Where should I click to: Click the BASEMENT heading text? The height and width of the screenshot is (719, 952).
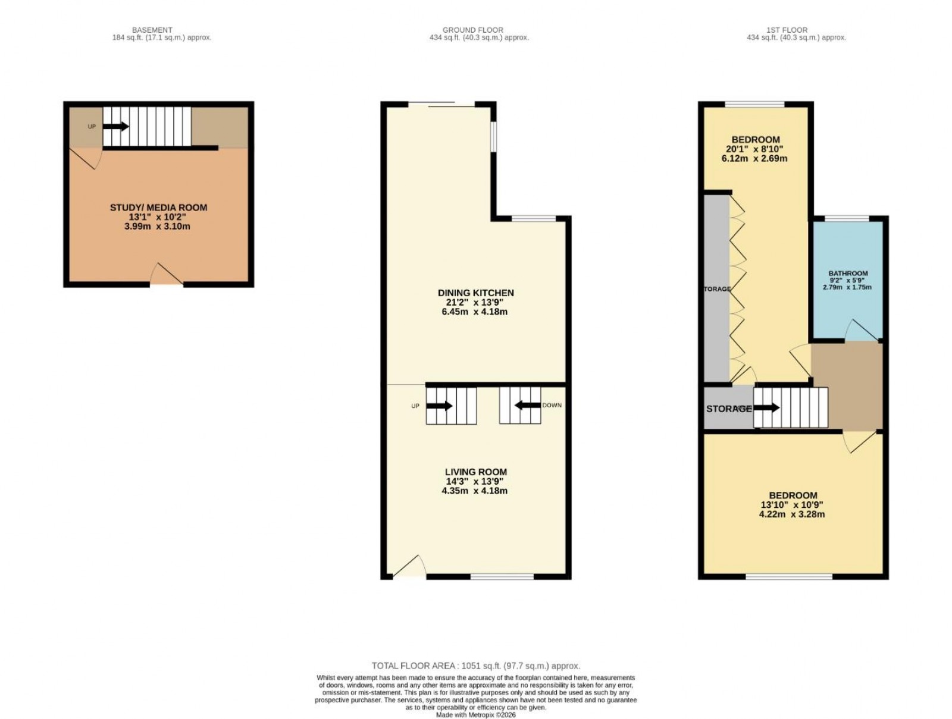[x=152, y=30]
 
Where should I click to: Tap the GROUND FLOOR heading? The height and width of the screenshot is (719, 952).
[x=472, y=30]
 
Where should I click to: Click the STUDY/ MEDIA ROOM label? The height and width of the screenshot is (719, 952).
[x=158, y=208]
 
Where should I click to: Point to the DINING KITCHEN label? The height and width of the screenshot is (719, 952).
[x=475, y=293]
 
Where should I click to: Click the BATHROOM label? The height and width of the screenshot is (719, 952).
[x=848, y=274]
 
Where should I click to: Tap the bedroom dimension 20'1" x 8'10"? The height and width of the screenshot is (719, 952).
[x=756, y=149]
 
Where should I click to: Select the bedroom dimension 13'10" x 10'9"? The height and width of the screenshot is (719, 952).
[x=793, y=505]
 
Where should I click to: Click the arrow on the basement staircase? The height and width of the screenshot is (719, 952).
[x=116, y=126]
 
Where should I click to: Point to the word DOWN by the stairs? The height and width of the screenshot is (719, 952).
[x=552, y=406]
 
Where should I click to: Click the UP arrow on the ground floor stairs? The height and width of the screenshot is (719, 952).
[x=440, y=406]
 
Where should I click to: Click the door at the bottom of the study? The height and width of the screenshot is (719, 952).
[x=166, y=275]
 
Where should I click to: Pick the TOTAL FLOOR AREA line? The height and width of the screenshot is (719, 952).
[x=475, y=666]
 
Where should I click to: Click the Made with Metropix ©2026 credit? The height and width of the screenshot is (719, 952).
[x=475, y=715]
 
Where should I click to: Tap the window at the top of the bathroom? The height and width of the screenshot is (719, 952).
[x=847, y=218]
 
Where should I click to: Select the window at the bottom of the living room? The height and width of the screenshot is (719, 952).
[x=502, y=576]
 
